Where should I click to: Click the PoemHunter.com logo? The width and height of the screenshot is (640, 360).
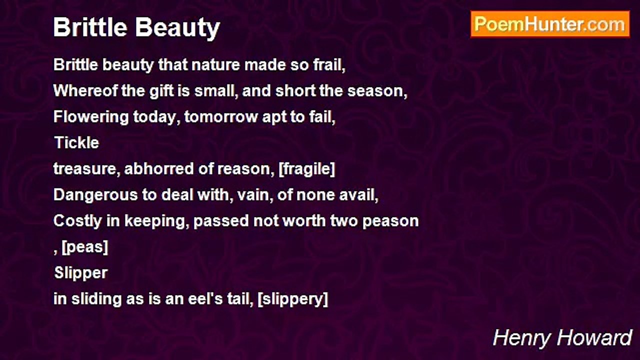(x=550, y=24)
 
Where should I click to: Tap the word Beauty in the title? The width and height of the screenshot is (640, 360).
(x=177, y=28)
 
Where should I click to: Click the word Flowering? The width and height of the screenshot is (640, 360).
(x=91, y=117)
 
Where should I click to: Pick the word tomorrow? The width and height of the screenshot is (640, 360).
(x=220, y=117)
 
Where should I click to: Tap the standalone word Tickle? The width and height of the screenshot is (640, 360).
(x=76, y=142)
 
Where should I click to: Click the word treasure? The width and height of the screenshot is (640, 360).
(x=85, y=169)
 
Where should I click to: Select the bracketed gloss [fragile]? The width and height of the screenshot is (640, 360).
(x=306, y=169)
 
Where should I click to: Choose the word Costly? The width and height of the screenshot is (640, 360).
(x=77, y=221)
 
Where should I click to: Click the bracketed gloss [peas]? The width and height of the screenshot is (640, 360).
(x=85, y=247)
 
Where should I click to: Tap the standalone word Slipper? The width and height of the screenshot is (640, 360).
(x=81, y=273)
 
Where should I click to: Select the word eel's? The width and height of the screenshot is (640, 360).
(x=205, y=299)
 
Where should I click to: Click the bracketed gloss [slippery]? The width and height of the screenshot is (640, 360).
(x=293, y=299)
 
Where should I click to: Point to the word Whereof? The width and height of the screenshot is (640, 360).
(x=85, y=91)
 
